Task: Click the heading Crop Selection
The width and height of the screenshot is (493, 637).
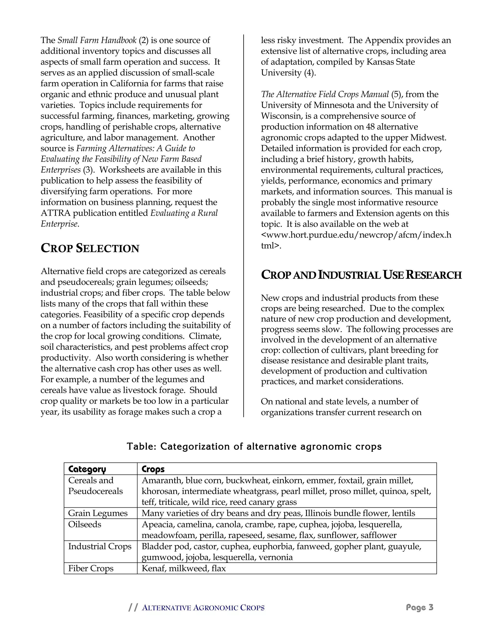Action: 90,248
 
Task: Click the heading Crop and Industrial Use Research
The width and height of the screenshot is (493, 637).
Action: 361,275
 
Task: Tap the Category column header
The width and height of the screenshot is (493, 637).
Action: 87,469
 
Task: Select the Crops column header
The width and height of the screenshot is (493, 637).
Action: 153,469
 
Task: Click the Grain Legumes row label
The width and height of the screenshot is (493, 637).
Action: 98,513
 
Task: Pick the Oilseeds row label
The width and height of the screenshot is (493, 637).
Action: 85,525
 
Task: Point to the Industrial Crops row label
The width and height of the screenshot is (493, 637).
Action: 100,546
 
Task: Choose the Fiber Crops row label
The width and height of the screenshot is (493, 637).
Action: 91,568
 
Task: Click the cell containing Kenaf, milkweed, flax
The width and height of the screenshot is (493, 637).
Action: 184,568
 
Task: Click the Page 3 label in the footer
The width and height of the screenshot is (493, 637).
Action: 420,607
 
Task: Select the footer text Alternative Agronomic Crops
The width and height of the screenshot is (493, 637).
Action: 203,608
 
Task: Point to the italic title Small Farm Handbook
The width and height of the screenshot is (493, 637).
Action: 97,40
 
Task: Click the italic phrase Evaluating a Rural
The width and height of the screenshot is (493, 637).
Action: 184,213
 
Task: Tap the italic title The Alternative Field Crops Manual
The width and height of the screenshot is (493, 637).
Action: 325,94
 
